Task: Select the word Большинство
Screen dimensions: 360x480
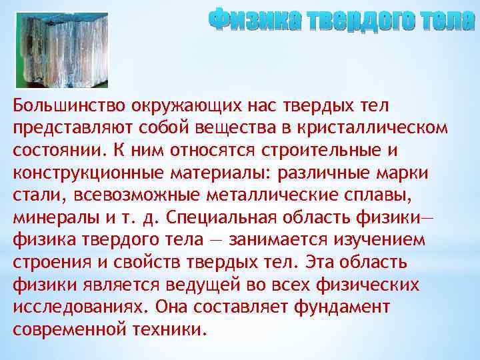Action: click(67, 105)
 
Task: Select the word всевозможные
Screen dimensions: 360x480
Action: click(117, 196)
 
